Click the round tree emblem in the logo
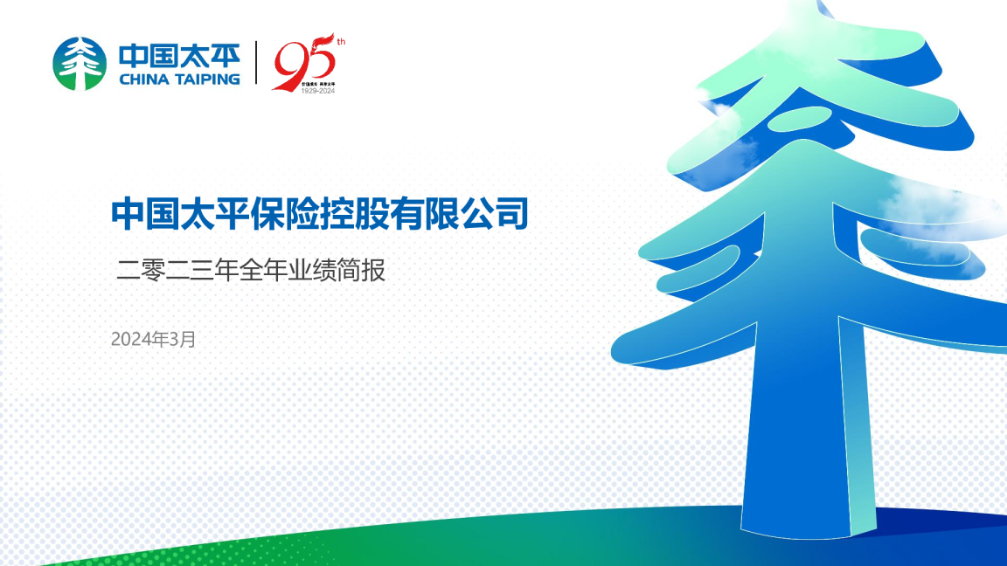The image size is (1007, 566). pos(80,64)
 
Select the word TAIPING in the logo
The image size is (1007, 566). pos(207,79)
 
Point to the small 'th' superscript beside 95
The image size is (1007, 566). pos(340,41)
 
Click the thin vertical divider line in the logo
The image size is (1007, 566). pos(256,63)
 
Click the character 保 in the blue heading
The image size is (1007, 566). pos(268,213)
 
